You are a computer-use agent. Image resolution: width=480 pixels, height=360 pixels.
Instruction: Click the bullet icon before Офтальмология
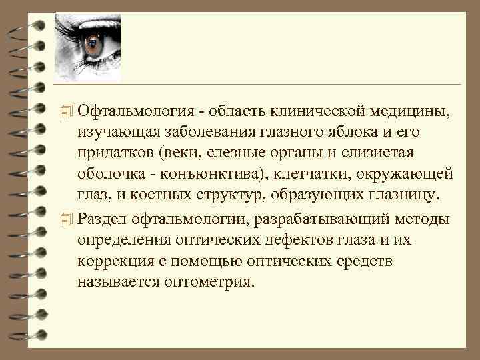(x=64, y=111)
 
